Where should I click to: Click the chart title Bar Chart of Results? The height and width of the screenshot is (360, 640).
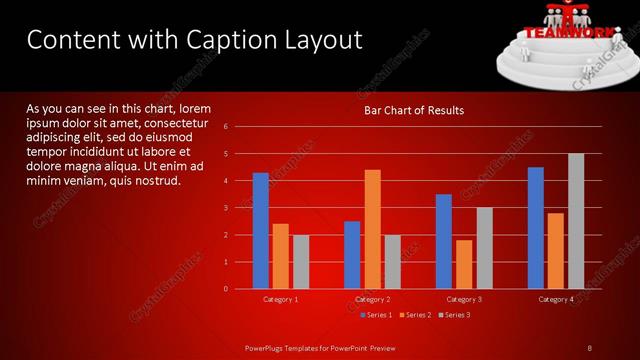(413, 110)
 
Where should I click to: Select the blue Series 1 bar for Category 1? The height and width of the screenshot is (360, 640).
(260, 231)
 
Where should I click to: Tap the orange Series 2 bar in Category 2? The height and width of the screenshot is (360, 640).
(372, 229)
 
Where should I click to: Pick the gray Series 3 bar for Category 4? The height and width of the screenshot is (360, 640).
(576, 221)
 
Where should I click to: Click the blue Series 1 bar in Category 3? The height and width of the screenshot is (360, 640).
(444, 241)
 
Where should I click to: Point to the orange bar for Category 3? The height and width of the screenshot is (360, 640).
(464, 264)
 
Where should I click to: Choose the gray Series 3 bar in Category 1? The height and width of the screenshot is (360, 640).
(301, 262)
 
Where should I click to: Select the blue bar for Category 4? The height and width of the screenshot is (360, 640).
(536, 228)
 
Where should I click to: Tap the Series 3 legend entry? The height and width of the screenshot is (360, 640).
(455, 315)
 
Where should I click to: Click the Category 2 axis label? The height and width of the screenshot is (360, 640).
(372, 299)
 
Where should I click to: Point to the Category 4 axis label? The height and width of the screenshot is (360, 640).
(556, 299)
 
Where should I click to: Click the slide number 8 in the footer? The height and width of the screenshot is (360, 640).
(590, 347)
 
